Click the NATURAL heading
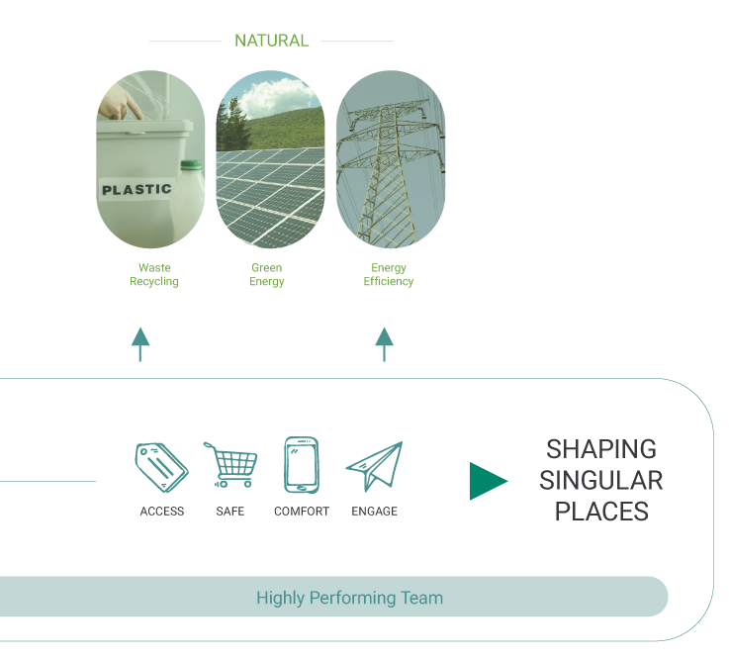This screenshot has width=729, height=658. click(271, 41)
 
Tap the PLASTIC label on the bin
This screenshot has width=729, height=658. click(137, 188)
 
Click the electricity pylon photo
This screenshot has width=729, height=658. click(391, 159)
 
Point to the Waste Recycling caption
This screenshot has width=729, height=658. click(153, 275)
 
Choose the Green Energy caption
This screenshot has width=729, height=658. click(267, 275)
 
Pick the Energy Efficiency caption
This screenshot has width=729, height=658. click(389, 275)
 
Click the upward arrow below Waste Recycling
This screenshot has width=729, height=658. click(140, 343)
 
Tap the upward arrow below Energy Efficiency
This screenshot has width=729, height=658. click(384, 343)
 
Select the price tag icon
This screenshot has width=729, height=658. click(161, 465)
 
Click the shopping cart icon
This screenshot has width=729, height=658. click(231, 465)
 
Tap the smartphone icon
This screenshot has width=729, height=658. click(301, 464)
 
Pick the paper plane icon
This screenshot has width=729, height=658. click(374, 466)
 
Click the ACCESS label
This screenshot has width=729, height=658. click(162, 512)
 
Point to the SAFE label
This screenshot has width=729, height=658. click(230, 512)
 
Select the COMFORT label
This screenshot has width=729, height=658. click(302, 512)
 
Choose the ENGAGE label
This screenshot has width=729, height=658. click(374, 512)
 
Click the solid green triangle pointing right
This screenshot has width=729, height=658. click(487, 481)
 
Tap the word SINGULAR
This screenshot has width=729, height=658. click(601, 481)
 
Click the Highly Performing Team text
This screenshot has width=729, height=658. click(349, 598)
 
